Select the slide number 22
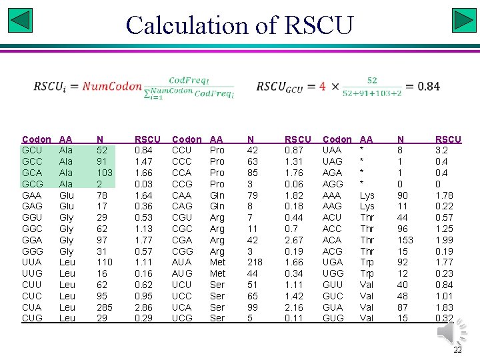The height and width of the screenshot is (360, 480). pyautogui.click(x=457, y=351)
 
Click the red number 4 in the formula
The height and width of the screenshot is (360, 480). pyautogui.click(x=323, y=86)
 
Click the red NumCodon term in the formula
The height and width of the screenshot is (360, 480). pyautogui.click(x=112, y=86)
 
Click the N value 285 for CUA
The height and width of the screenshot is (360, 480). pyautogui.click(x=105, y=307)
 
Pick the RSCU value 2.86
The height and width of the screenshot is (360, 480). pyautogui.click(x=145, y=307)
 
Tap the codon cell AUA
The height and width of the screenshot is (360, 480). pyautogui.click(x=181, y=262)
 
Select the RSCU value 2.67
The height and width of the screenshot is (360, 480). pyautogui.click(x=295, y=239)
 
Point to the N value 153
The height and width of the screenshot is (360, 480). pyautogui.click(x=405, y=239)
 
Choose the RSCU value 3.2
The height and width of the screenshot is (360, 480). pyautogui.click(x=443, y=150)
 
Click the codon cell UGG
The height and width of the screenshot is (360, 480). pyautogui.click(x=333, y=273)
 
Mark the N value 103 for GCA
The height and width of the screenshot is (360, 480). pyautogui.click(x=105, y=172)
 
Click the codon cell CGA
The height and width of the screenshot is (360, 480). pyautogui.click(x=182, y=239)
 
